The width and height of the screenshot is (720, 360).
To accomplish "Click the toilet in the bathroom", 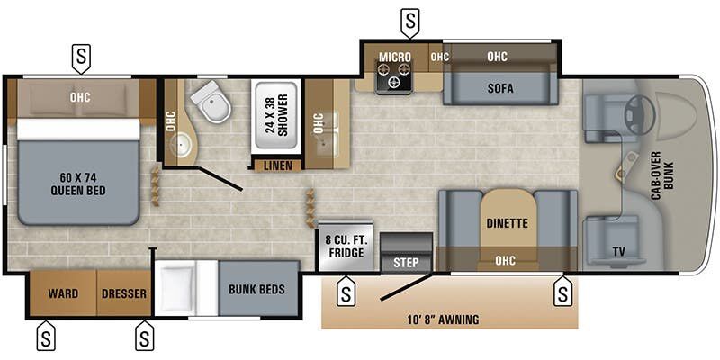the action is (211, 101).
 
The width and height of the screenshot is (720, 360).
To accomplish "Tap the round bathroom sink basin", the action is (181, 146).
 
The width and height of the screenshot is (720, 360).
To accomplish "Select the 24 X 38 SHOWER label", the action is (277, 115).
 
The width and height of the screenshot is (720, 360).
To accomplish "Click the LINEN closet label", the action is (278, 166).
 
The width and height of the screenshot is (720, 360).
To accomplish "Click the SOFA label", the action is (500, 88).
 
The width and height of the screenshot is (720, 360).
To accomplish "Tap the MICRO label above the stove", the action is (395, 57).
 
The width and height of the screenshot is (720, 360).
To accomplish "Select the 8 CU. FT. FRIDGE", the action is (346, 247).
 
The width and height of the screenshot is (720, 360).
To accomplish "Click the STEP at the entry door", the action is (407, 262).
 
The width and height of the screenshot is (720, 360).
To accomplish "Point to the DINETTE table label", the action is (507, 223).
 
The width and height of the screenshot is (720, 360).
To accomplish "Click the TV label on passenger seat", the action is (618, 252).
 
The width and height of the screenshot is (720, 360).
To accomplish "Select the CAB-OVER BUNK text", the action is (661, 175).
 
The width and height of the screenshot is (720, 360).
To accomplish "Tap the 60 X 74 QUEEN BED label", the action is (78, 184).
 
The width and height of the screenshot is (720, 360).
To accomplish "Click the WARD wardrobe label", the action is (63, 293).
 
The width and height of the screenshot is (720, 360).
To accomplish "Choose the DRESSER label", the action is (124, 293).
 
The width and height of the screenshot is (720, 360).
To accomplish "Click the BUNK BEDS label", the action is (256, 289).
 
